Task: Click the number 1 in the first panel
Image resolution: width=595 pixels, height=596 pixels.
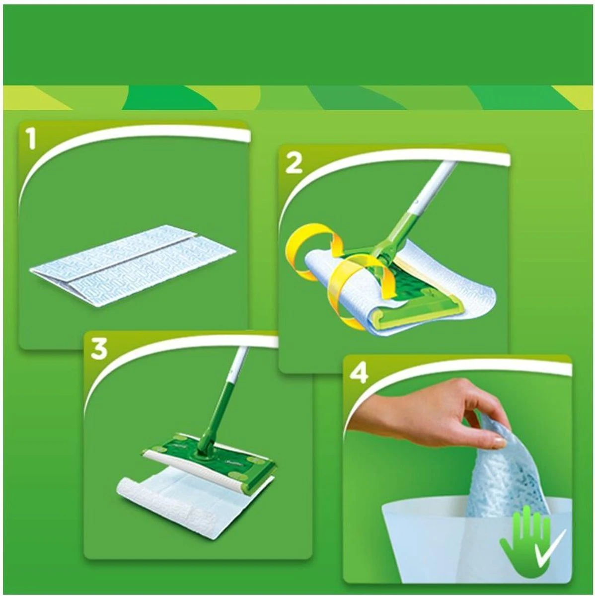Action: click(x=32, y=139)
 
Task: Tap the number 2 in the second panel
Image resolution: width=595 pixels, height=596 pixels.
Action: click(x=294, y=162)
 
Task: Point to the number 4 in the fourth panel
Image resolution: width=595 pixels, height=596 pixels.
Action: click(x=359, y=373)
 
